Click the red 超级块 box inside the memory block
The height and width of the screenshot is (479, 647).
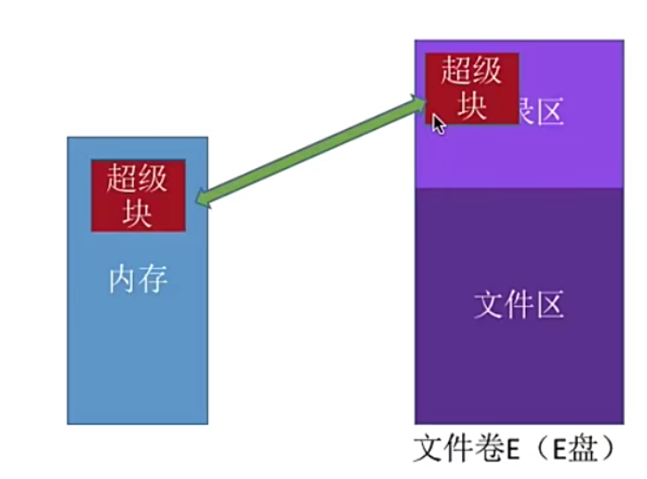[x=138, y=195]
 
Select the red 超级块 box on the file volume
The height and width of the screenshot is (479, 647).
[x=471, y=87]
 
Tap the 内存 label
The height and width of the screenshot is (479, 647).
[x=138, y=279]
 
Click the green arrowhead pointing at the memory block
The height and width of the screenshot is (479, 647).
[x=204, y=198]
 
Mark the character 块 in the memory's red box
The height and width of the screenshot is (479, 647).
[x=138, y=212]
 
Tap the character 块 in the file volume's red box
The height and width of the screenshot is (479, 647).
[x=471, y=105]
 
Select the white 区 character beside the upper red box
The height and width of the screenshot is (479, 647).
[x=548, y=112]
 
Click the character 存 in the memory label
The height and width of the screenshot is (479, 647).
[x=153, y=279]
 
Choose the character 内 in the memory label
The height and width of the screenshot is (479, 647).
[x=123, y=279]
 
